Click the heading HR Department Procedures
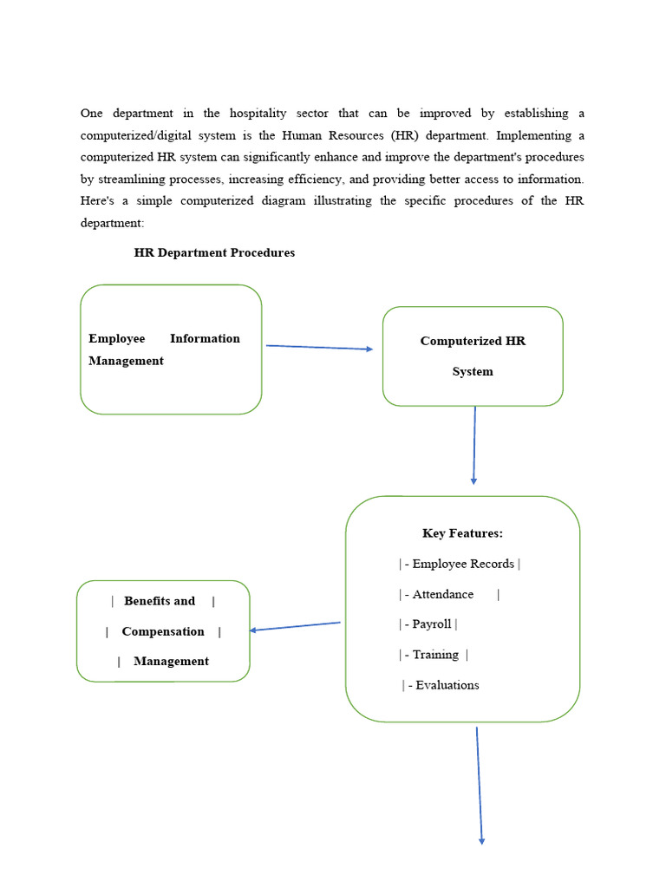click(214, 253)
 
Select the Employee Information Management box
click(171, 349)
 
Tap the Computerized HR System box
click(473, 356)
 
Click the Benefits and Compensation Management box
click(163, 631)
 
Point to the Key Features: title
click(462, 533)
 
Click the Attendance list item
click(443, 594)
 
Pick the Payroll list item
click(430, 624)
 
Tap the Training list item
click(434, 655)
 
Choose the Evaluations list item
click(447, 685)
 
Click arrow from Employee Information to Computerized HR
click(319, 348)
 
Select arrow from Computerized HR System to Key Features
click(474, 445)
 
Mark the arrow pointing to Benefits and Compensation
click(295, 626)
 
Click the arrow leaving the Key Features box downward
click(480, 785)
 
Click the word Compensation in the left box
click(163, 631)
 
